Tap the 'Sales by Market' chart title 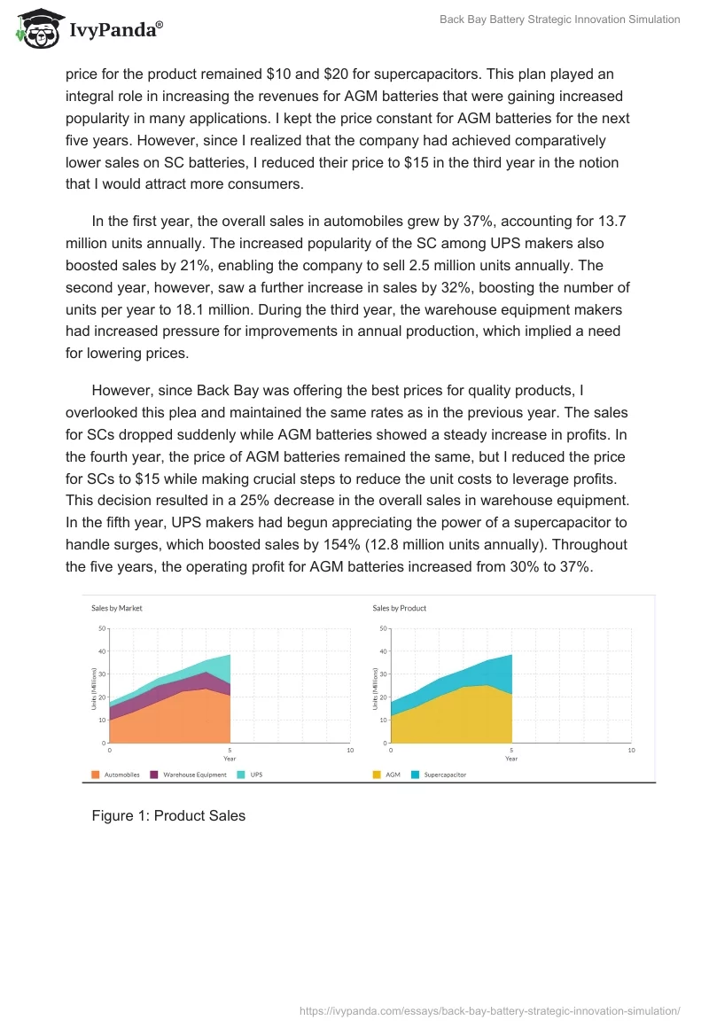tap(117, 608)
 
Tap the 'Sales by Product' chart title tap(399, 608)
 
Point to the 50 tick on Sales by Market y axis tap(102, 628)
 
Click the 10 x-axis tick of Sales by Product tap(631, 751)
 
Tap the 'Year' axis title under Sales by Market tap(230, 759)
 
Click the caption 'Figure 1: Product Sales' tap(168, 815)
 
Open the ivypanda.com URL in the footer tap(489, 1010)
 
